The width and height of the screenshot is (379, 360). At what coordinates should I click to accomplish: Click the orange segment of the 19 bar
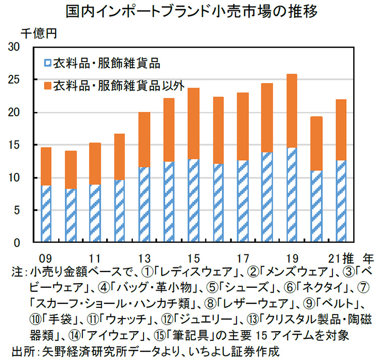[291, 111]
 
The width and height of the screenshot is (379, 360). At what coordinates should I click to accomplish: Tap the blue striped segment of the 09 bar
[46, 213]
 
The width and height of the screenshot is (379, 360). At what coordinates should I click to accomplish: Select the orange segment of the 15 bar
[194, 123]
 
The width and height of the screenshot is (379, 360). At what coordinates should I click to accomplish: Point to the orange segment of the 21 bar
[340, 129]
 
